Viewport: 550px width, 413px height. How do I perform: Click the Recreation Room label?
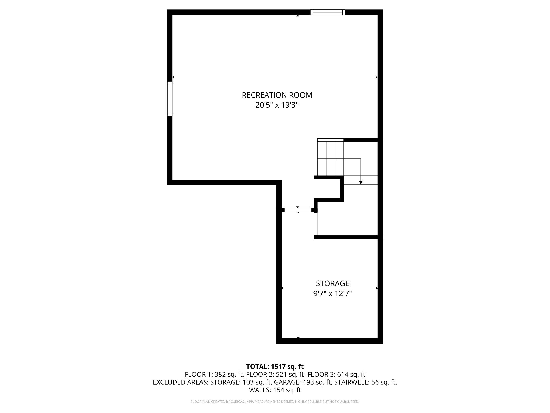click(277, 95)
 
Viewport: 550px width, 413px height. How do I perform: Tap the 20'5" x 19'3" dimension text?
click(277, 105)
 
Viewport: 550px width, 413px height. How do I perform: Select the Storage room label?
click(333, 283)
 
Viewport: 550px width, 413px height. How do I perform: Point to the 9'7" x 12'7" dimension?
click(333, 293)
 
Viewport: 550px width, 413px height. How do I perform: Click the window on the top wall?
click(328, 12)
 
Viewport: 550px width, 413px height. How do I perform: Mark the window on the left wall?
click(170, 99)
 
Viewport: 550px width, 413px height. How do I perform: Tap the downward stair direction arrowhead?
click(361, 182)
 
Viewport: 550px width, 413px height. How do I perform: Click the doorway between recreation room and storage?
click(298, 210)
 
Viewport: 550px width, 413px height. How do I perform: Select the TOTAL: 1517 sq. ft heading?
click(275, 366)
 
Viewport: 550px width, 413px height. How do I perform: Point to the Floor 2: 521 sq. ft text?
click(275, 374)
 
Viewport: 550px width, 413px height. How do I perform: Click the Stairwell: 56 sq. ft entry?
click(366, 382)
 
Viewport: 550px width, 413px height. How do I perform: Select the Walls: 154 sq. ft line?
click(275, 390)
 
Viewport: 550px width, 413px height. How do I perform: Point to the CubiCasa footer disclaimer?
click(275, 402)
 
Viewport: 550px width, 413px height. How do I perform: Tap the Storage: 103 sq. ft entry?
click(241, 382)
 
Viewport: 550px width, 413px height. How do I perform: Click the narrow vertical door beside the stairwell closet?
click(316, 224)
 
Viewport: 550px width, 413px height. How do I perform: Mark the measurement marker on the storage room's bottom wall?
click(298, 338)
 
